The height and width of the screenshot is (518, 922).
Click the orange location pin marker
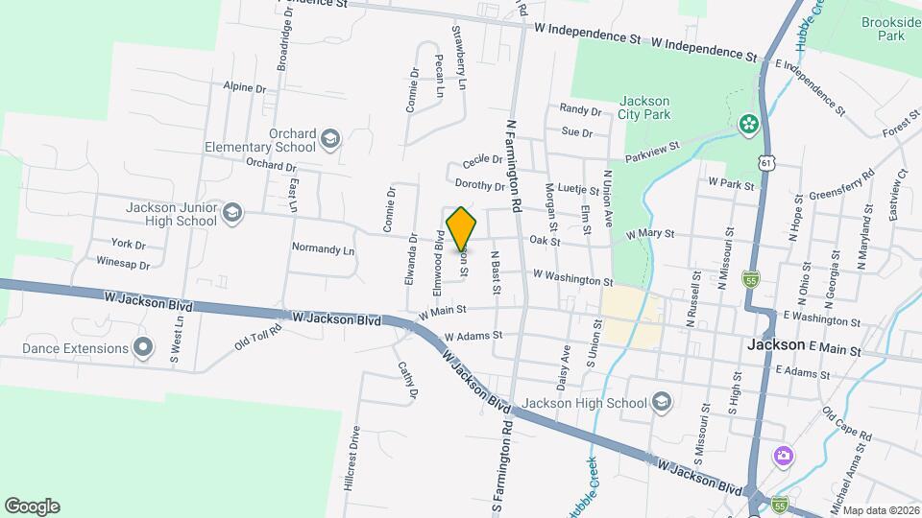[x=461, y=229]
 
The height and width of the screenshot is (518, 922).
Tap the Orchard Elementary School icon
[x=330, y=140]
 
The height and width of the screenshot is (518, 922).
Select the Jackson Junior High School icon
[x=231, y=213]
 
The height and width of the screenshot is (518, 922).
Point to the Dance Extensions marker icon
[x=144, y=347]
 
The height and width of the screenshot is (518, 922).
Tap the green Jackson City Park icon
[x=747, y=124]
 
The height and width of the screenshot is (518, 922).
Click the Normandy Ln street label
[x=323, y=248]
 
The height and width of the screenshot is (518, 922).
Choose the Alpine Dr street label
[x=244, y=87]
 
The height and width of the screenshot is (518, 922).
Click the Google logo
[x=32, y=506]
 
